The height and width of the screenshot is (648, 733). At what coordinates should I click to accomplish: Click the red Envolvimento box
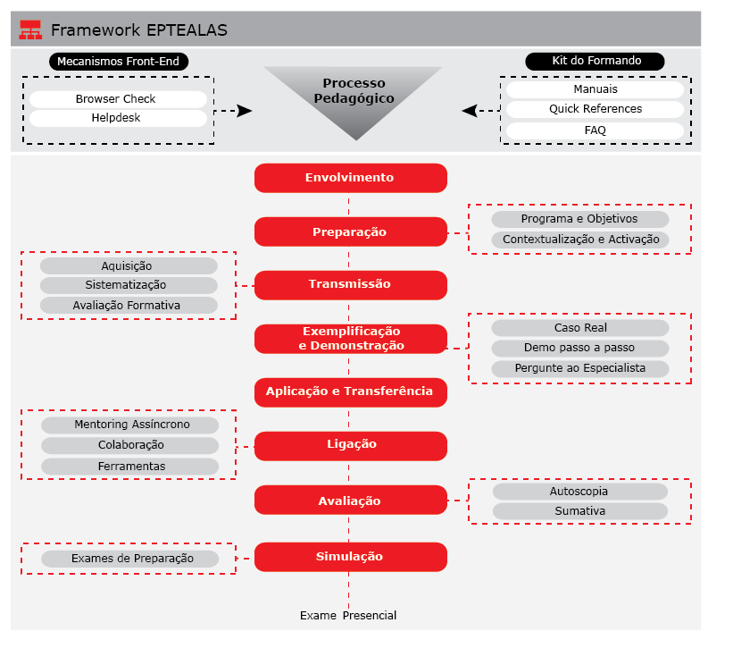click(x=350, y=178)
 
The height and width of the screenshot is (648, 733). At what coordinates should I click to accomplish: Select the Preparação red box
click(x=350, y=231)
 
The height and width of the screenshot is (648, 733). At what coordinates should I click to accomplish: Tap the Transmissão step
click(x=350, y=284)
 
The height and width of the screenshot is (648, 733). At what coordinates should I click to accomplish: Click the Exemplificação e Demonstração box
click(x=350, y=339)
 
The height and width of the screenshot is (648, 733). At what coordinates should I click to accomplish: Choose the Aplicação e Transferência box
click(x=350, y=391)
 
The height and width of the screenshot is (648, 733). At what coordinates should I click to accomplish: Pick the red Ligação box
click(x=350, y=445)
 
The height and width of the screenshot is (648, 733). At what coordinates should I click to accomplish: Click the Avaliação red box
click(x=350, y=501)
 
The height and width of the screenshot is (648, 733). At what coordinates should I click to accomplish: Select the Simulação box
click(x=350, y=557)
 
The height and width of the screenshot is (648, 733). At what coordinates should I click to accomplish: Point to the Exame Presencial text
click(x=348, y=616)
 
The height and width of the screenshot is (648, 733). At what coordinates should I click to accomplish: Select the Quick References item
click(x=596, y=109)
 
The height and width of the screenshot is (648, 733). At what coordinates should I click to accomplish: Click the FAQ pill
click(x=596, y=130)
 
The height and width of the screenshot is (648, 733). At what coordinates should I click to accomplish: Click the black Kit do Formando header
click(x=596, y=62)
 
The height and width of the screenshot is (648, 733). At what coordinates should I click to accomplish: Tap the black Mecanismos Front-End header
click(x=118, y=62)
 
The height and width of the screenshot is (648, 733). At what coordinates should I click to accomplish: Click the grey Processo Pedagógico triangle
click(x=354, y=95)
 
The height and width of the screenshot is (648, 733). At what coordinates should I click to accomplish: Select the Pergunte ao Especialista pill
click(x=579, y=368)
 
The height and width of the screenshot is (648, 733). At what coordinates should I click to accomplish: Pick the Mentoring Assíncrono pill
click(x=130, y=425)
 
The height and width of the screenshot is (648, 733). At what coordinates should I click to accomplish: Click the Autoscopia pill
click(x=579, y=492)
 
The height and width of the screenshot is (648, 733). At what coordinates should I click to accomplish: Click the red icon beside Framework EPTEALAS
click(x=30, y=30)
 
